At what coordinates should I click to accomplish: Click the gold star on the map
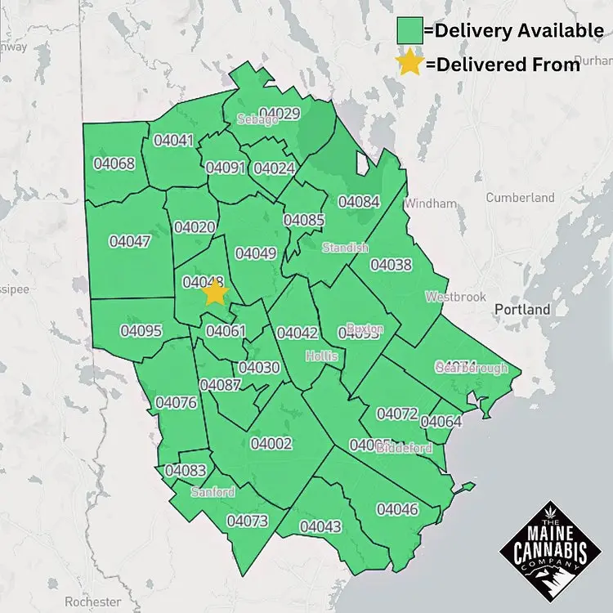pyautogui.click(x=215, y=292)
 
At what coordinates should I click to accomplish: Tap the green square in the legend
pyautogui.click(x=409, y=31)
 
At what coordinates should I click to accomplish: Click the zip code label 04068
pyautogui.click(x=114, y=163)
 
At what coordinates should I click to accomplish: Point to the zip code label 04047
pyautogui.click(x=130, y=242)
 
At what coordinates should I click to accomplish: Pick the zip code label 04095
pyautogui.click(x=141, y=331)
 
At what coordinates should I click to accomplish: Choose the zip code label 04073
pyautogui.click(x=248, y=521)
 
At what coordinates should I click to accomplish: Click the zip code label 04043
pyautogui.click(x=320, y=527)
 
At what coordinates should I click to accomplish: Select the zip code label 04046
pyautogui.click(x=397, y=509)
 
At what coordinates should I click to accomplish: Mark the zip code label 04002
pyautogui.click(x=271, y=443)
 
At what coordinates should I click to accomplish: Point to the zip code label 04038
pyautogui.click(x=392, y=265)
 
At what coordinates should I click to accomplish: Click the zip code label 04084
pyautogui.click(x=359, y=201)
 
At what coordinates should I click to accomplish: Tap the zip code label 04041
pyautogui.click(x=173, y=141)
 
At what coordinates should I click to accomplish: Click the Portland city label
pyautogui.click(x=522, y=310)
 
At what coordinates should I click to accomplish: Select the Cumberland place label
pyautogui.click(x=520, y=197)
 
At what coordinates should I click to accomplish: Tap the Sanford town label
pyautogui.click(x=213, y=492)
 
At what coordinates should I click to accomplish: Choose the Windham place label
pyautogui.click(x=434, y=203)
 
